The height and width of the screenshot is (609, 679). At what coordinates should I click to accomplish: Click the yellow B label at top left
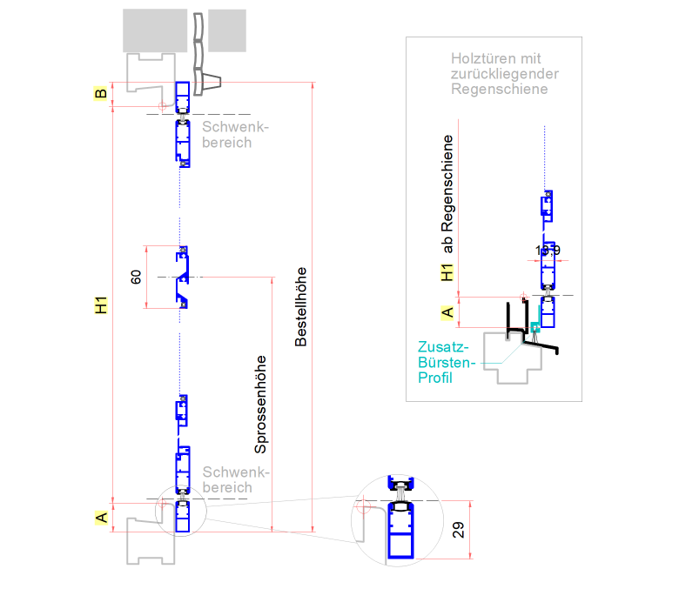[101, 95]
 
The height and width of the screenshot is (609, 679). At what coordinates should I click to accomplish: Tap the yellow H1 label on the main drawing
[101, 306]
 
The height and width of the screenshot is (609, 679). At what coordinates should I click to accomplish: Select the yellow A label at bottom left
[101, 518]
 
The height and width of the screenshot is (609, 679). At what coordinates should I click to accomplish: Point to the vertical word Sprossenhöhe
[259, 405]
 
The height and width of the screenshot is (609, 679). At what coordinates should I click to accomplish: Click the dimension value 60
[136, 278]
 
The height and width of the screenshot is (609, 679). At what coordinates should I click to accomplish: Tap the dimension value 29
[459, 530]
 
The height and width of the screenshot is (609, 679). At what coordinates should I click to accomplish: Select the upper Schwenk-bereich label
[235, 134]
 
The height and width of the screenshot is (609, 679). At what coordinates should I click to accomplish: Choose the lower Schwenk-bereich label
[235, 480]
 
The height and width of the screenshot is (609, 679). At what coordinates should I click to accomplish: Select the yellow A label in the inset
[447, 311]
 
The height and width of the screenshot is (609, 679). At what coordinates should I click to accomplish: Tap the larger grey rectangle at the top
[155, 30]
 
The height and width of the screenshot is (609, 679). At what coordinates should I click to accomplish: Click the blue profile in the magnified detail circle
[401, 532]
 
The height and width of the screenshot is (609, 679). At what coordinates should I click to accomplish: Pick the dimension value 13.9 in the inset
[548, 251]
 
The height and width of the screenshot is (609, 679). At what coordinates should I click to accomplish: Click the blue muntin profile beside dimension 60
[184, 278]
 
